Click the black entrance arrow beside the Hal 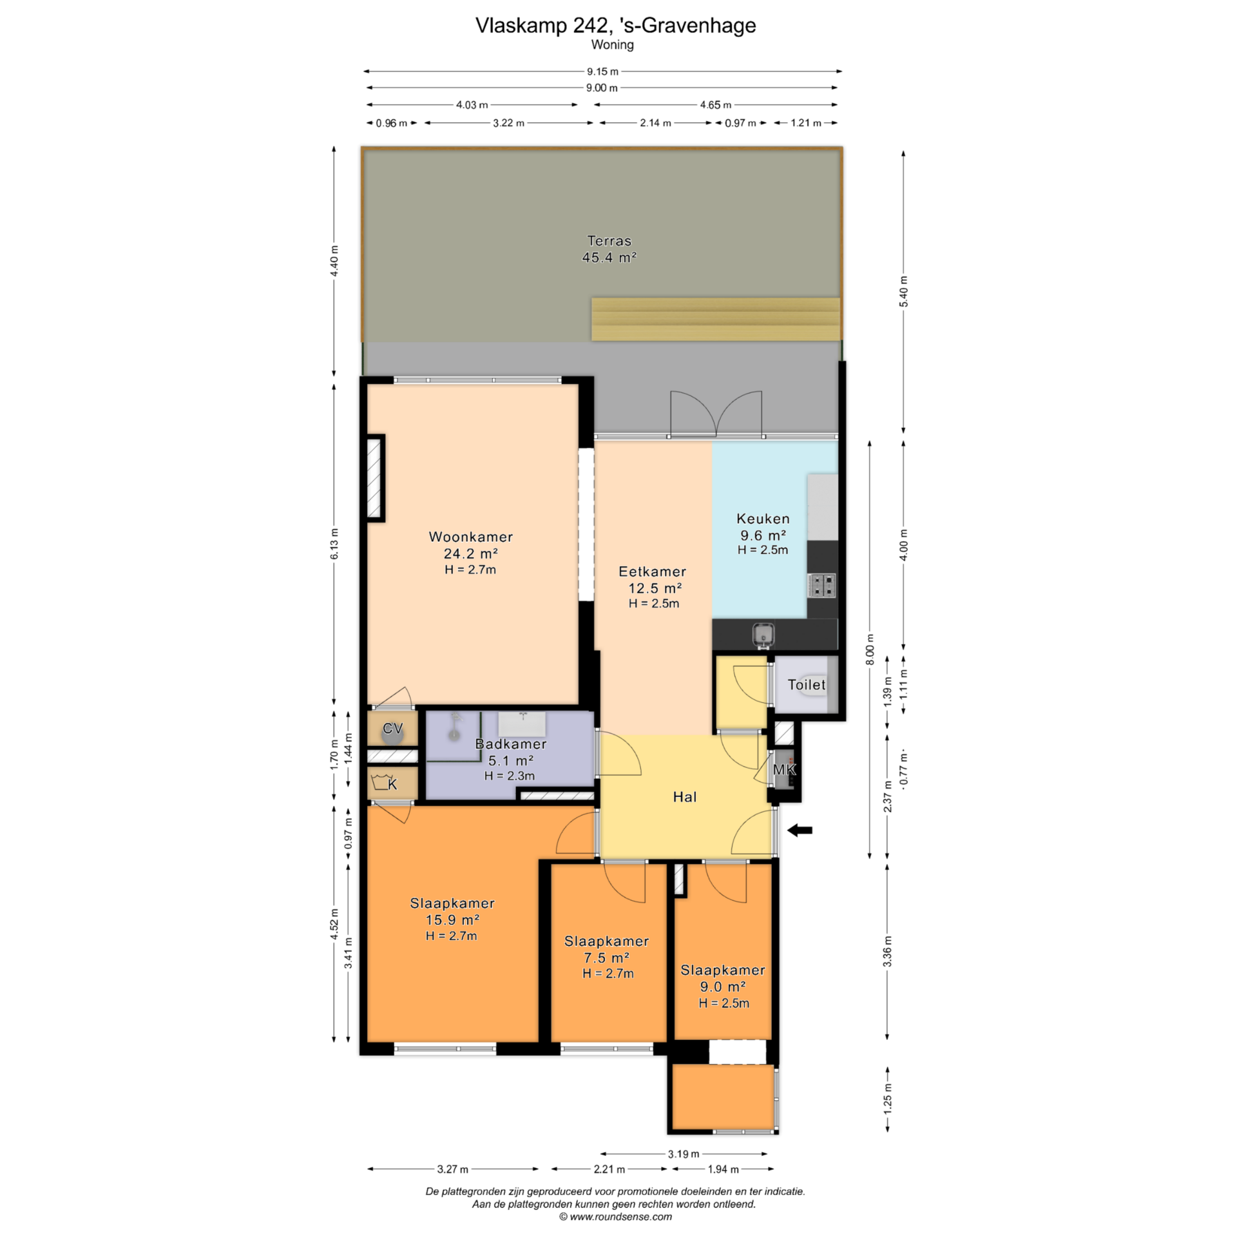800,830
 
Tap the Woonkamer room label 471,537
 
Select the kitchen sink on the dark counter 763,634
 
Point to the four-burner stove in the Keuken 821,586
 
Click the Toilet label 807,684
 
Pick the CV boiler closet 392,728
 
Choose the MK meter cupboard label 784,769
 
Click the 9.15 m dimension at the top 602,72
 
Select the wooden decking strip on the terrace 716,319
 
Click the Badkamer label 511,743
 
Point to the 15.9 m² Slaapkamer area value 452,919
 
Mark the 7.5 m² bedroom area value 607,957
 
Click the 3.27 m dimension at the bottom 453,1169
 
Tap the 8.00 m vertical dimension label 870,649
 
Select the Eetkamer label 652,571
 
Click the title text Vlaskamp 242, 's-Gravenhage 615,25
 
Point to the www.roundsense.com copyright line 615,1217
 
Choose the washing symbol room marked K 392,783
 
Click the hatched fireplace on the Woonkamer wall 375,478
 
